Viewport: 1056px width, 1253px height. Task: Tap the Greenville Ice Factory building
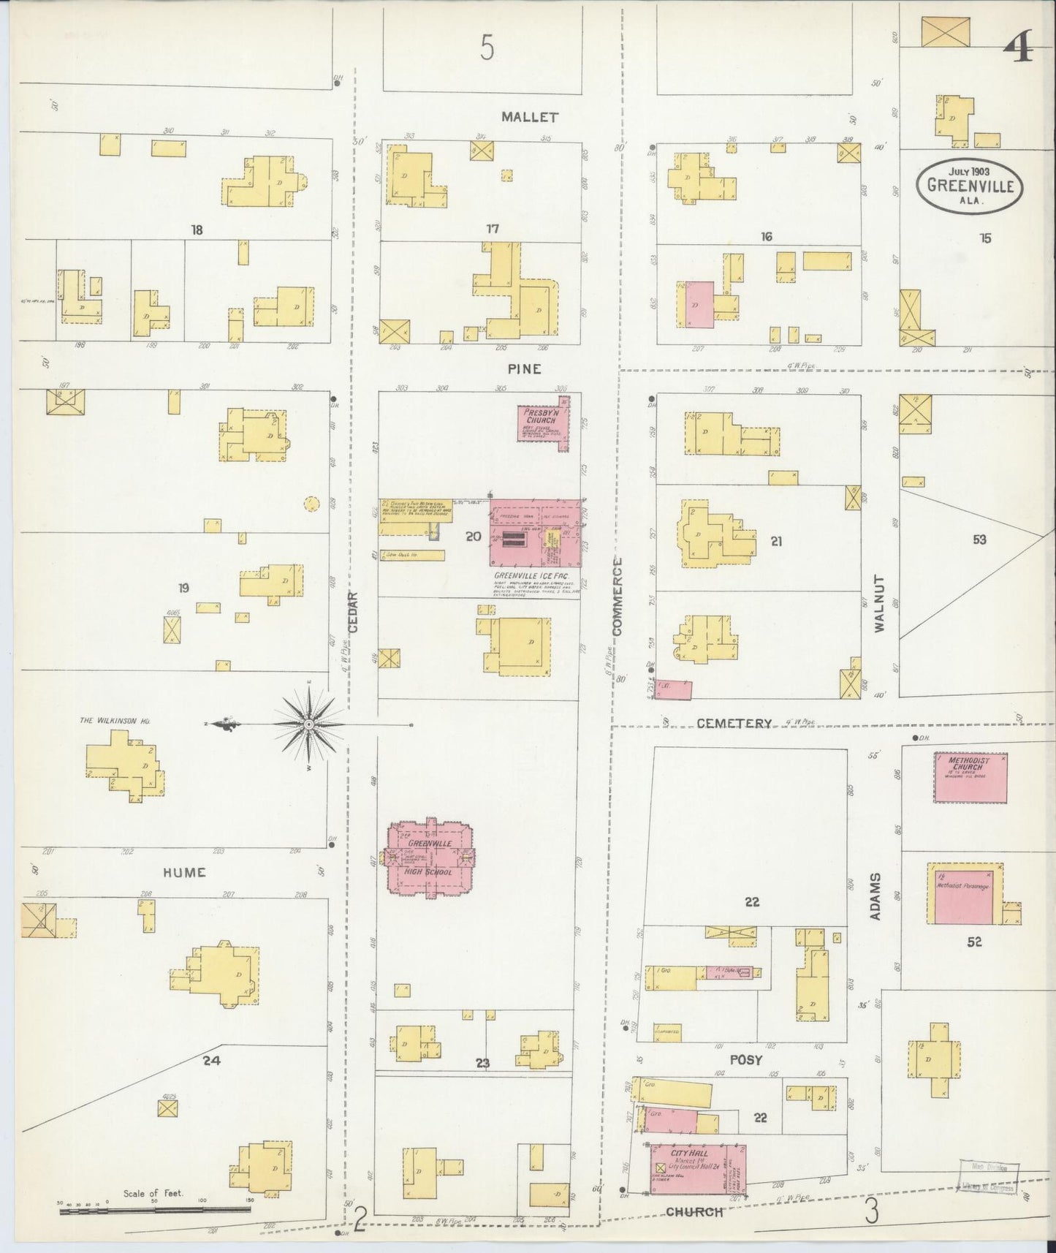tap(536, 533)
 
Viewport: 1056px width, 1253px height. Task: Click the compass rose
tap(308, 724)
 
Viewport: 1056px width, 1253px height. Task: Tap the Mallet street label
tap(530, 117)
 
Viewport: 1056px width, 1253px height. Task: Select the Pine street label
tap(525, 369)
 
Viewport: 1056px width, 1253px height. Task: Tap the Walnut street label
tap(878, 603)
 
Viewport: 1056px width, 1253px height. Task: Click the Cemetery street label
tap(733, 724)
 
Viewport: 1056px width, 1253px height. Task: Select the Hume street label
tap(184, 872)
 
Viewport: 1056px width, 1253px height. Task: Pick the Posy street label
tap(745, 1059)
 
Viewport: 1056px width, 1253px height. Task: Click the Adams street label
tap(875, 896)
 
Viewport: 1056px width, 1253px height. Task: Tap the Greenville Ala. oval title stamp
tap(970, 185)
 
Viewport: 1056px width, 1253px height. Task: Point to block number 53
tap(979, 540)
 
